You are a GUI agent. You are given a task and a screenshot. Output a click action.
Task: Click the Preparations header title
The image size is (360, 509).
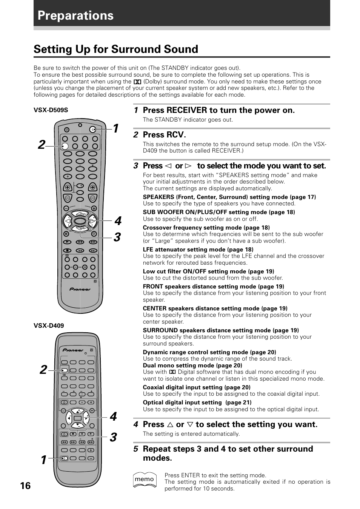coord(75,15)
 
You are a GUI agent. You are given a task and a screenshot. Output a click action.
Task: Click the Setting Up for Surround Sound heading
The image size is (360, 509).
coord(116,49)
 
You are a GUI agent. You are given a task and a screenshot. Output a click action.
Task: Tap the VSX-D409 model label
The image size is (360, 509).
coord(49,325)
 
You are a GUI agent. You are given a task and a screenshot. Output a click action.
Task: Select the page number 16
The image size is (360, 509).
coord(25,486)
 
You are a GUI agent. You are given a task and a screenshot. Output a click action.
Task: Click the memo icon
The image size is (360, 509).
coord(145,480)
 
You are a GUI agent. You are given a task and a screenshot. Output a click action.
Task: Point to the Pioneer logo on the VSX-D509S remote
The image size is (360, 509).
coord(80,289)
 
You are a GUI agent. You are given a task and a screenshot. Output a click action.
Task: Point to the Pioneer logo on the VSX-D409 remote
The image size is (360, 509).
coord(73,350)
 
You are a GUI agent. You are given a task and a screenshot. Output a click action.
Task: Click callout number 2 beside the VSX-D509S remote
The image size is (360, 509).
coord(42,145)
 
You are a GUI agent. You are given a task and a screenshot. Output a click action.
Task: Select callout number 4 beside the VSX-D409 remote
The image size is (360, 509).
coord(113,416)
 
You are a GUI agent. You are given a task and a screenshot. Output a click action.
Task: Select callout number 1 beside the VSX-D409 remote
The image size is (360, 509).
coord(44,460)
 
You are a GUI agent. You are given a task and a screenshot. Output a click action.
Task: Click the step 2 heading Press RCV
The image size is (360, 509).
coord(164,135)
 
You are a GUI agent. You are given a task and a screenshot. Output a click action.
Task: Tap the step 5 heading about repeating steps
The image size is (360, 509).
coord(228,453)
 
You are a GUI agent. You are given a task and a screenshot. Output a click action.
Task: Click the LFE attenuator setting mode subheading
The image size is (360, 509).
coord(198,250)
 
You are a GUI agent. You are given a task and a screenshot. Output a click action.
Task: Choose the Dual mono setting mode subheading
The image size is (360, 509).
coord(192,365)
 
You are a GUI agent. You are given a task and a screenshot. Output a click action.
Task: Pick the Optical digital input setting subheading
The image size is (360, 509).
coord(197,403)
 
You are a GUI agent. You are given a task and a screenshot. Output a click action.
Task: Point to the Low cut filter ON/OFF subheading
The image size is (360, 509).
coord(208,271)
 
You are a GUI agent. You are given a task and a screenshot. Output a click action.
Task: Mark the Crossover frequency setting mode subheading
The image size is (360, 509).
coord(206,228)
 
